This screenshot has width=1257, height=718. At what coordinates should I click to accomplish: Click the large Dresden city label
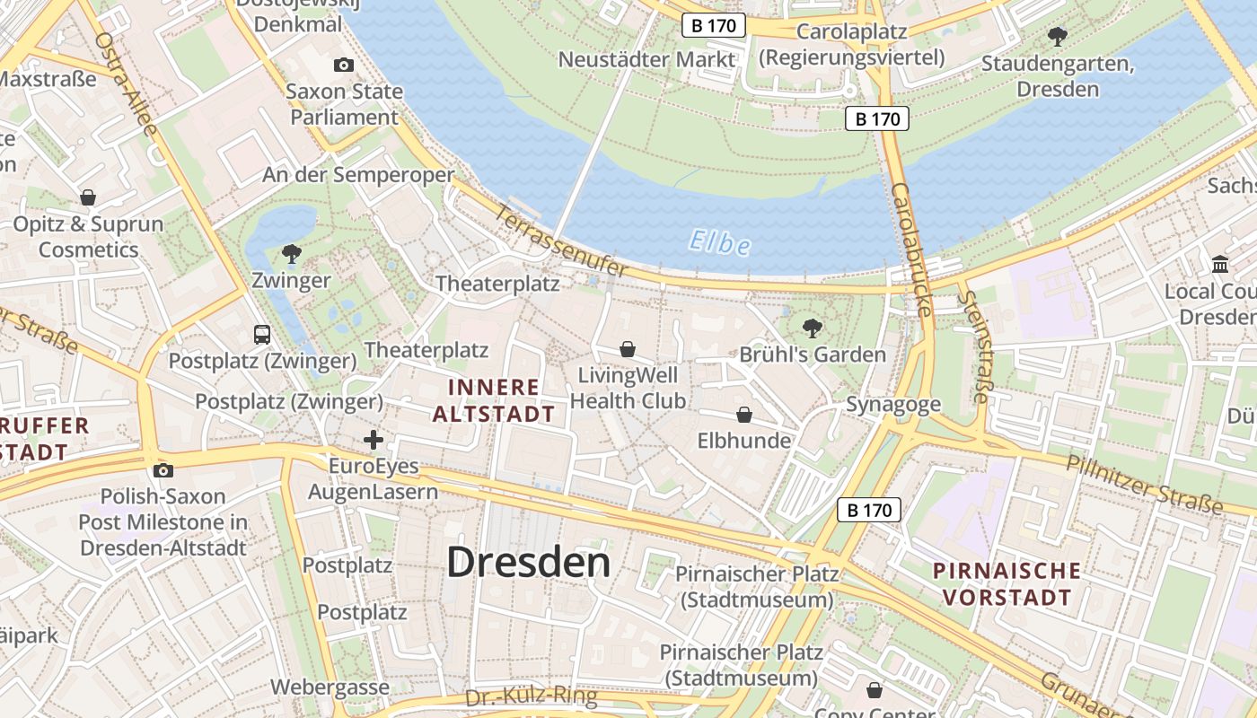[x=528, y=563]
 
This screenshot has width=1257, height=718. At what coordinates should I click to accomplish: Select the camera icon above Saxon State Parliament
[x=343, y=65]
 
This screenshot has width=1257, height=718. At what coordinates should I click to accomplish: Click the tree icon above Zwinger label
[x=291, y=253]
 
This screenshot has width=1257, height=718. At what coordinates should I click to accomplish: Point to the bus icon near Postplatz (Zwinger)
[x=262, y=335]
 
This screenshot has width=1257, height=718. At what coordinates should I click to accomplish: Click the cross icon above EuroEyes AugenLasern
[x=374, y=440]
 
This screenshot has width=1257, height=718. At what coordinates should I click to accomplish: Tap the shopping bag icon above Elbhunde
[x=743, y=415]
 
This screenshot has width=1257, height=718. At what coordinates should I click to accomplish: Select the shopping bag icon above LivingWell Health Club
[x=628, y=348]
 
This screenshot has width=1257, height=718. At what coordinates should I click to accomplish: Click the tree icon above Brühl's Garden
[x=812, y=328]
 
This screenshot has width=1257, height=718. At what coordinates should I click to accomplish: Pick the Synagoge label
[x=892, y=405]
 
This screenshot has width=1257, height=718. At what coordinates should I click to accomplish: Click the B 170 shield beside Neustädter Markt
[x=714, y=25]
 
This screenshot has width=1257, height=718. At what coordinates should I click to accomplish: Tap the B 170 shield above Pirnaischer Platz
[x=869, y=511]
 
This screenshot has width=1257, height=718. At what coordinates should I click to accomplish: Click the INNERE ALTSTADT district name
[x=493, y=400]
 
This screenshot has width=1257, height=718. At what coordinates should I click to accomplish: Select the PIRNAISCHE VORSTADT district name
[x=1006, y=583]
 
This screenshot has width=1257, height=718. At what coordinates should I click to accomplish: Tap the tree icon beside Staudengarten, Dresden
[x=1058, y=36]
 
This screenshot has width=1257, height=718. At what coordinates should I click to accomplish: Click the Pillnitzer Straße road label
[x=1144, y=485]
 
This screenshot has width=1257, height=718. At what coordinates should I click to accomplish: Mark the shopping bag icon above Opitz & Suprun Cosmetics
[x=88, y=197]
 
